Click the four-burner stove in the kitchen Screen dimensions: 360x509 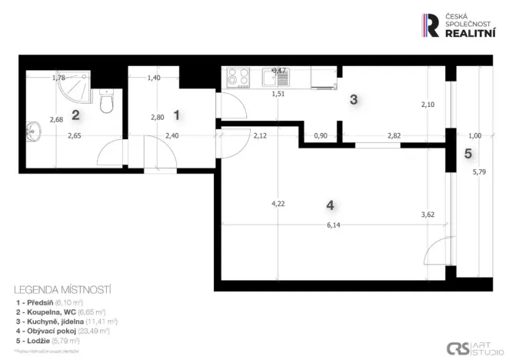pyautogui.click(x=237, y=77)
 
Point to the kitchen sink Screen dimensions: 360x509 pyautogui.click(x=274, y=76)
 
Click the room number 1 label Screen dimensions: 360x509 pyautogui.click(x=177, y=115)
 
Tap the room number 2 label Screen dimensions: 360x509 pyautogui.click(x=75, y=115)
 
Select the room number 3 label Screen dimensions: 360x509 pyautogui.click(x=354, y=99)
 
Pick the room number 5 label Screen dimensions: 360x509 pyautogui.click(x=468, y=153)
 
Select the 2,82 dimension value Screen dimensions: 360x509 pyautogui.click(x=394, y=136)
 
